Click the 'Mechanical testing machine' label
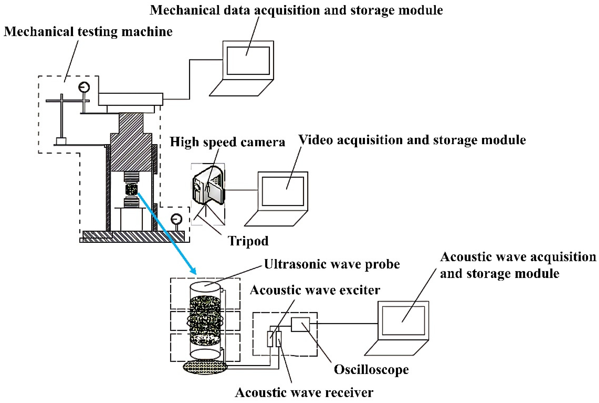(x=88, y=32)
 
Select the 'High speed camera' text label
(x=227, y=142)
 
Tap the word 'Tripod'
(x=248, y=241)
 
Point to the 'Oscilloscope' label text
(x=371, y=370)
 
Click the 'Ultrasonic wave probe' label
(x=332, y=264)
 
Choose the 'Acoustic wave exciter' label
(x=315, y=290)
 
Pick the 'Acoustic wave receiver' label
(x=304, y=392)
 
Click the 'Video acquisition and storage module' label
(x=412, y=140)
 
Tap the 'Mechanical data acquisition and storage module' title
(x=296, y=10)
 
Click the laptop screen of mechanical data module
(x=248, y=61)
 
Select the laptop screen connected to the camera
(x=283, y=191)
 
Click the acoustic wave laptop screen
(x=403, y=321)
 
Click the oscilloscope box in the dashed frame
(x=300, y=324)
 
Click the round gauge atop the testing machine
(x=84, y=87)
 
